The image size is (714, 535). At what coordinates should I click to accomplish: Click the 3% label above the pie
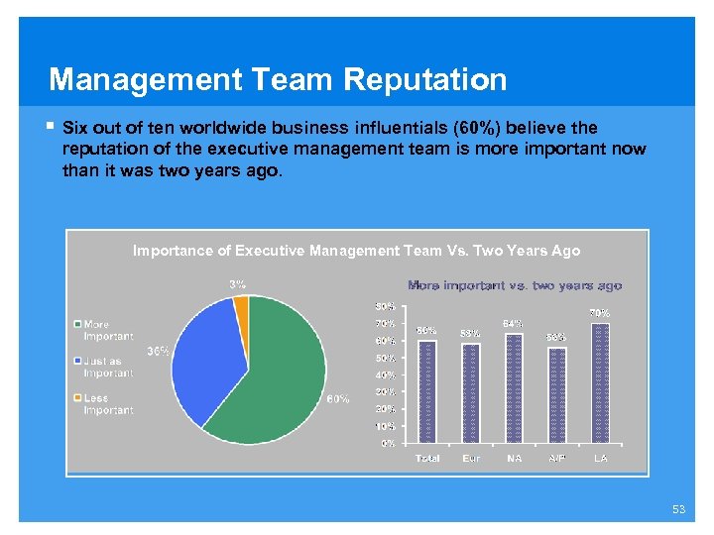click(x=238, y=284)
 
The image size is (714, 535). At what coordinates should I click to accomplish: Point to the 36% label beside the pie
click(x=158, y=351)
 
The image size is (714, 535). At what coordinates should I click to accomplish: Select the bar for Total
click(x=427, y=391)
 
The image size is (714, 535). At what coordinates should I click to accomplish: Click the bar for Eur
click(x=471, y=393)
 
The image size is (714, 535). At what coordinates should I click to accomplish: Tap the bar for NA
click(x=514, y=388)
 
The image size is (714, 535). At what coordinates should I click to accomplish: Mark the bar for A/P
click(x=557, y=395)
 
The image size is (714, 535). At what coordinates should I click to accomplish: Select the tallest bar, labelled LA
click(x=600, y=382)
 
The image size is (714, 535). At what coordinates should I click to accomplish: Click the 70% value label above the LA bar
click(x=600, y=313)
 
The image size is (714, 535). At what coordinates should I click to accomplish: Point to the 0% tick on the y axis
click(x=389, y=443)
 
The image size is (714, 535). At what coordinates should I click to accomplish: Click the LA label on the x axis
click(x=600, y=459)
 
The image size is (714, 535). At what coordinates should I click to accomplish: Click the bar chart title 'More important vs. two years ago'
click(x=515, y=285)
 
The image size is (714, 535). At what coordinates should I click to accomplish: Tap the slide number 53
click(x=678, y=509)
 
